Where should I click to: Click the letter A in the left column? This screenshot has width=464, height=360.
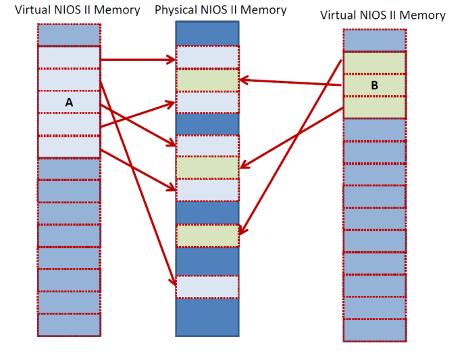(x=69, y=102)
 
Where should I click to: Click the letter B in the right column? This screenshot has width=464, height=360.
(x=374, y=86)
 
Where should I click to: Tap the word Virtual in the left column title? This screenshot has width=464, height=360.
(x=33, y=10)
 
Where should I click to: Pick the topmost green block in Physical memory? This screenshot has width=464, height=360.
(x=207, y=80)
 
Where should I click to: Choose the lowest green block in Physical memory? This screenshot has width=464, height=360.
(x=207, y=236)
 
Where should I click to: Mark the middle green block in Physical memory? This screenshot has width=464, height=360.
(x=207, y=168)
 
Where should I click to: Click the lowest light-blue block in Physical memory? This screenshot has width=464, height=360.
(x=207, y=287)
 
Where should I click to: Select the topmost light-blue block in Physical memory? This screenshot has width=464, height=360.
(x=207, y=57)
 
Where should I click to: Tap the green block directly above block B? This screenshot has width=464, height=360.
(x=374, y=63)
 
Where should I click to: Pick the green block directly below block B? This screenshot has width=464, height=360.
(x=374, y=107)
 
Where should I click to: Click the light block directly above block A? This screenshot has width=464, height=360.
(x=69, y=80)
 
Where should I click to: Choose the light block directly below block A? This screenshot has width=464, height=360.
(x=69, y=124)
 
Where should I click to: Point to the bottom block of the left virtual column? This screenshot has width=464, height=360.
(x=69, y=325)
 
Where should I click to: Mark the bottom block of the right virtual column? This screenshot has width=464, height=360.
(x=374, y=330)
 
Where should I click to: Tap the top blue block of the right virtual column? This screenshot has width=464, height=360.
(x=374, y=40)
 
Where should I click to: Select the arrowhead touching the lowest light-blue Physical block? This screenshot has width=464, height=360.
(x=174, y=282)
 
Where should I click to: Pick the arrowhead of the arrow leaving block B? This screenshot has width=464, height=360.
(x=244, y=80)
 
